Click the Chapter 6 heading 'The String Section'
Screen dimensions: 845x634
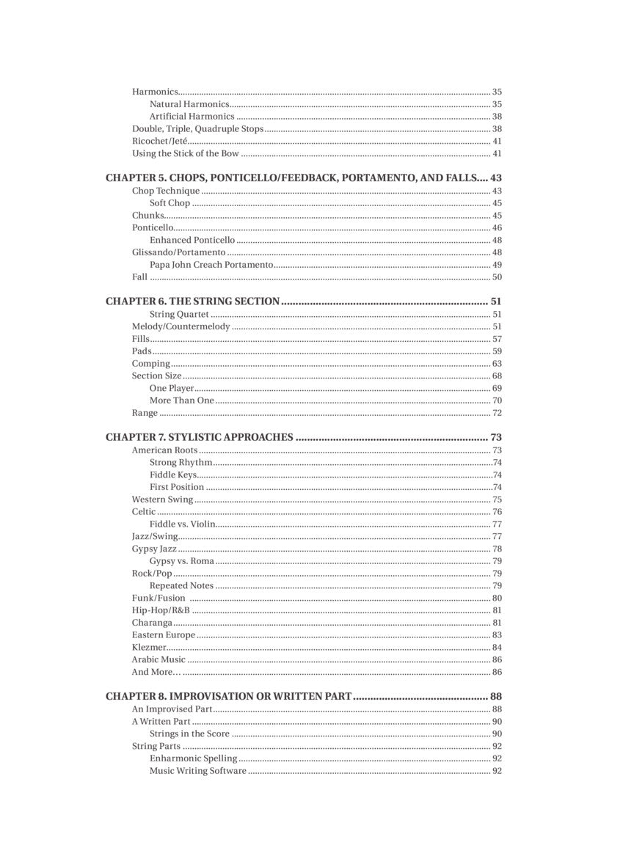[192, 301]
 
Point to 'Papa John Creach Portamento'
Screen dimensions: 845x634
[211, 265]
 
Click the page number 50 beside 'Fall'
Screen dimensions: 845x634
[497, 277]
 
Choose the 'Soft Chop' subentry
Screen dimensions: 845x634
[170, 203]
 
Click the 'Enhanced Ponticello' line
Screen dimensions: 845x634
[192, 240]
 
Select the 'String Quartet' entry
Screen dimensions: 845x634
[179, 314]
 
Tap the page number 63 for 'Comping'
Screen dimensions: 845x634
[497, 364]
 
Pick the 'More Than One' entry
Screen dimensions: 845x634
[182, 400]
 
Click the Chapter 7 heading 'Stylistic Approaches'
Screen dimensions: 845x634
[199, 437]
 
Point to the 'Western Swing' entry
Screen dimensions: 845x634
[162, 500]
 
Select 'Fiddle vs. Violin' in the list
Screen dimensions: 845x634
[182, 524]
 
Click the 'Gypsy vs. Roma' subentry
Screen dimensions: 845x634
[182, 561]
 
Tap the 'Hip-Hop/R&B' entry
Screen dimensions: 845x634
[161, 610]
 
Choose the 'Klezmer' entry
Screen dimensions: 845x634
[149, 647]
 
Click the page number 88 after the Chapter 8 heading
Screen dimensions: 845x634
[496, 696]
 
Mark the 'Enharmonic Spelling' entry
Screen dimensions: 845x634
[193, 758]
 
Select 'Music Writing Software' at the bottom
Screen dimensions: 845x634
[198, 771]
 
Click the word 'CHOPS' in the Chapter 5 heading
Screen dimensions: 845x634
[187, 178]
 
